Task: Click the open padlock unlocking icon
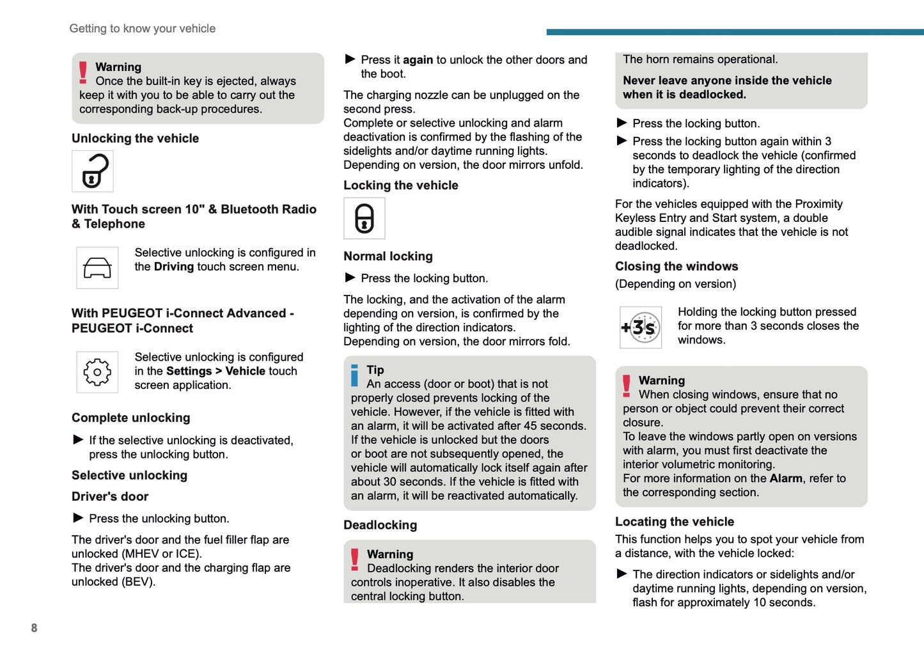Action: (x=93, y=171)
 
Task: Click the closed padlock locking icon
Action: (x=364, y=219)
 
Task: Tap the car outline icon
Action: (x=97, y=268)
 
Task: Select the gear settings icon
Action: (x=97, y=372)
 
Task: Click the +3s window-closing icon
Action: (x=640, y=327)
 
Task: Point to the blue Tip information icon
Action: (x=355, y=375)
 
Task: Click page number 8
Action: (x=34, y=628)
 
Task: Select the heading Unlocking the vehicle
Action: (x=135, y=138)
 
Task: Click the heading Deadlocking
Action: (x=380, y=525)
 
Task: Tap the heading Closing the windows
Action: (x=676, y=266)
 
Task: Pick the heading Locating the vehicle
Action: (x=674, y=521)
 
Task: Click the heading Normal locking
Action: (x=388, y=256)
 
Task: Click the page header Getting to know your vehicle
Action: (x=142, y=28)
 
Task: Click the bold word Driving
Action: (x=173, y=267)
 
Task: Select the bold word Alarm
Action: (x=785, y=478)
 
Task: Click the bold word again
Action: (x=418, y=60)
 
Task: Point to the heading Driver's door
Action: (x=109, y=496)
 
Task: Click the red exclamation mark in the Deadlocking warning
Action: (x=355, y=559)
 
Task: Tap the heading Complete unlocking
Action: (x=130, y=418)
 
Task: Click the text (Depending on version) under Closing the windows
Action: (x=675, y=284)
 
